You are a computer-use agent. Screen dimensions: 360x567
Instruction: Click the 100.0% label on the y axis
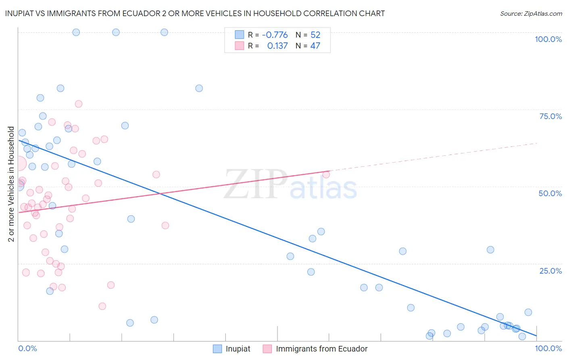pyautogui.click(x=548, y=39)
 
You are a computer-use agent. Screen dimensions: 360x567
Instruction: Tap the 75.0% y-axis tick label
pyautogui.click(x=550, y=116)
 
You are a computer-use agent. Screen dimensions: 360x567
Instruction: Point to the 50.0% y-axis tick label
pyautogui.click(x=550, y=193)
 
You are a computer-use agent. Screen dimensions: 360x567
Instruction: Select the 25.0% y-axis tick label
pyautogui.click(x=550, y=271)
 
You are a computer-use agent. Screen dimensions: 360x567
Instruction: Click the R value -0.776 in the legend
pyautogui.click(x=275, y=35)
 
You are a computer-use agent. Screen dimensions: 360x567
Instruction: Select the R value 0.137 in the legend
pyautogui.click(x=277, y=46)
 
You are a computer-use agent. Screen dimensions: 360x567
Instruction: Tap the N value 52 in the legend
pyautogui.click(x=315, y=35)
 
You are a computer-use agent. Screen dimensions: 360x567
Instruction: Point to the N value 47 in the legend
pyautogui.click(x=315, y=46)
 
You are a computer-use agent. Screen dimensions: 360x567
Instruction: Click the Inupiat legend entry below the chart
pyautogui.click(x=238, y=349)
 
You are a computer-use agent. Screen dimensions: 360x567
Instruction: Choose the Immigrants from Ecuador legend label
pyautogui.click(x=321, y=349)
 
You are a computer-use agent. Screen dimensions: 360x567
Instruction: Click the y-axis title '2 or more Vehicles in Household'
pyautogui.click(x=11, y=184)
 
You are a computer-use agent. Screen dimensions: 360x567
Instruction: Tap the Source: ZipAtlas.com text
pyautogui.click(x=531, y=14)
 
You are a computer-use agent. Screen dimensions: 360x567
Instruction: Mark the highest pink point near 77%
pyautogui.click(x=79, y=104)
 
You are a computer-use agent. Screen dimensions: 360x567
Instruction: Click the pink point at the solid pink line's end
pyautogui.click(x=326, y=174)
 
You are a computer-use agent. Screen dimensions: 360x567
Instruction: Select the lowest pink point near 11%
pyautogui.click(x=102, y=306)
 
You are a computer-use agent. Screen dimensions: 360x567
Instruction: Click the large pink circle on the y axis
pyautogui.click(x=19, y=164)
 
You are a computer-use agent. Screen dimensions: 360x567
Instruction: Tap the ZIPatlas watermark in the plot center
pyautogui.click(x=290, y=185)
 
